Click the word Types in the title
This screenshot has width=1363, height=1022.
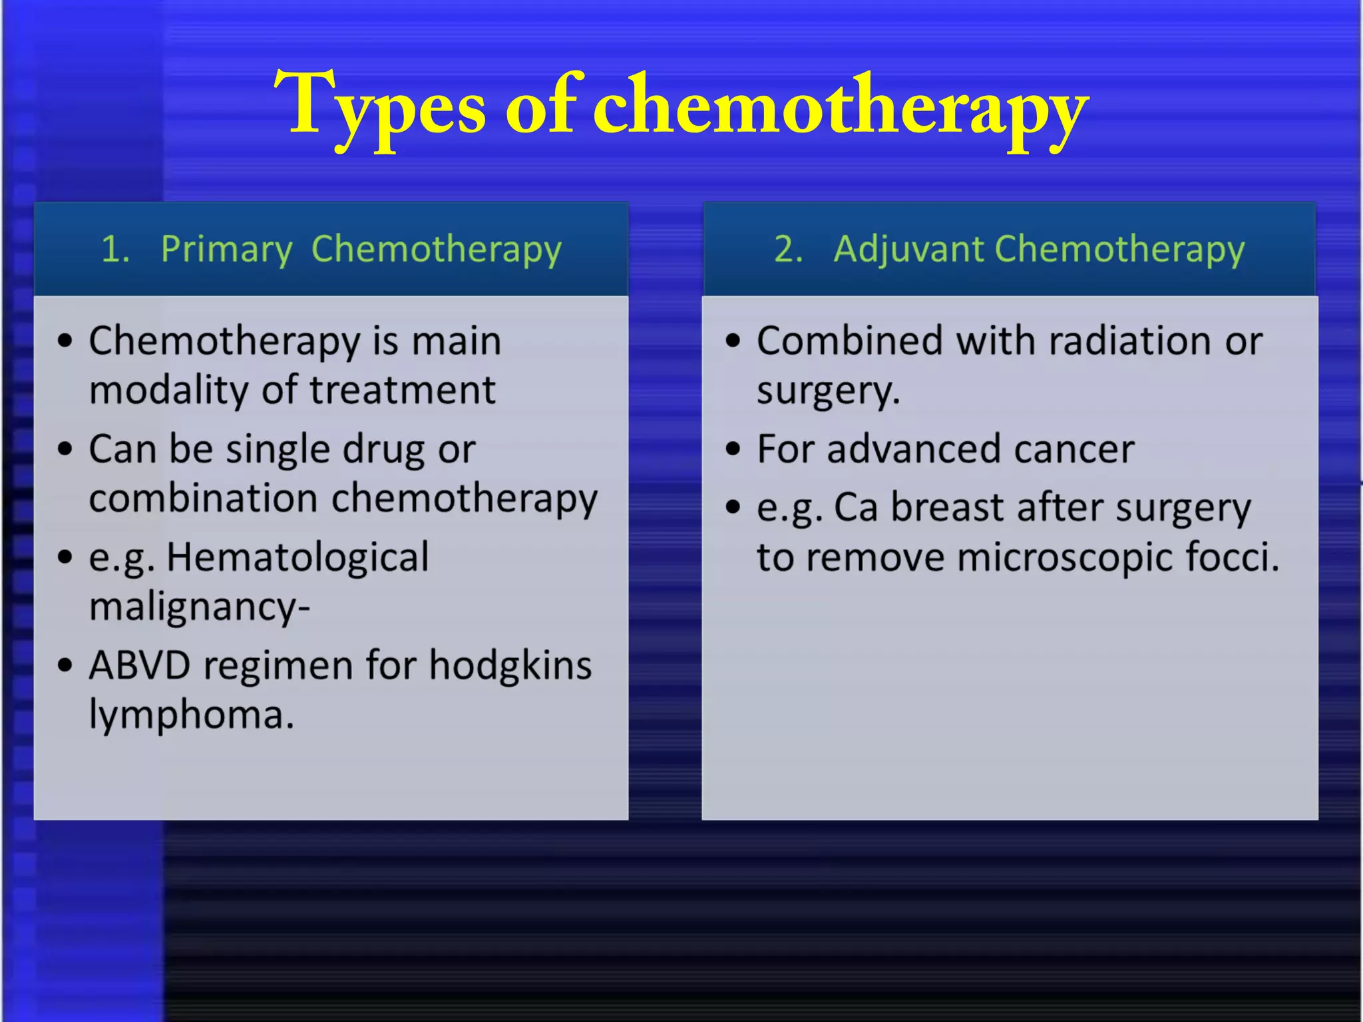tap(380, 106)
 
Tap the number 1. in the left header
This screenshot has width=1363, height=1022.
tap(115, 250)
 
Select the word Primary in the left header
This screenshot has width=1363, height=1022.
tap(226, 250)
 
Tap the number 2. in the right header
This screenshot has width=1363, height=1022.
tap(789, 250)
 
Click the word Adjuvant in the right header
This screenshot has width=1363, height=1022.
tap(908, 250)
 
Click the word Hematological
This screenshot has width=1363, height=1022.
tap(297, 557)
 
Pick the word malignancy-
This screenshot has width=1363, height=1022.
tap(199, 607)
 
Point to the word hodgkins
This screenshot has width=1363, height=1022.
tap(510, 665)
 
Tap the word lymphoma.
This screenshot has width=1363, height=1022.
tap(191, 715)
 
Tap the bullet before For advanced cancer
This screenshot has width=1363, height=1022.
tap(733, 450)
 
